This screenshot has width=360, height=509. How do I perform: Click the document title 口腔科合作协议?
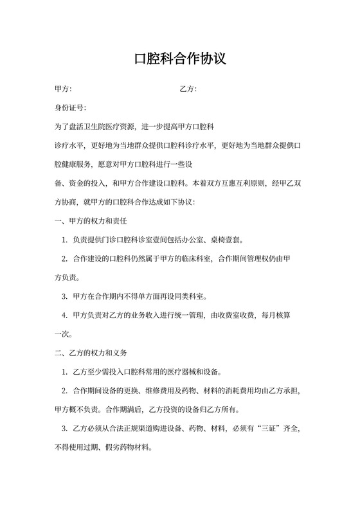coord(180,59)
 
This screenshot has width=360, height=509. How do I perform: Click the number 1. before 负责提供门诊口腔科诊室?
coord(66,240)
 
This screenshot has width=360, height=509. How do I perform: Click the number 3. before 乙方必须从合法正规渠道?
coord(66,427)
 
